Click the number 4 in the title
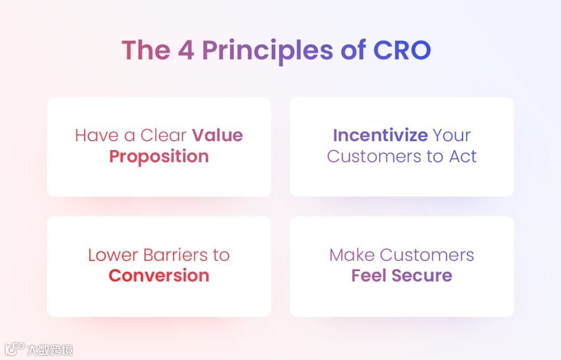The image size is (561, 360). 186,50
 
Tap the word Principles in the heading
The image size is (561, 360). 268,51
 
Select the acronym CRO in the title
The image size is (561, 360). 402,50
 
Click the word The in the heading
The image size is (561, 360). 146,50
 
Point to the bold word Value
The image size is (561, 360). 218,135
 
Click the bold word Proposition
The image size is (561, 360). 159,157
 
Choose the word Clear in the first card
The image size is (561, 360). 164,135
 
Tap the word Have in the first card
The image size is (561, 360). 97,135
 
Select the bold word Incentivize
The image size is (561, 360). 380,135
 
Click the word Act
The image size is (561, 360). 463,156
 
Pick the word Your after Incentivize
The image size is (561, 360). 452,135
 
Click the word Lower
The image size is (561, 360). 113,255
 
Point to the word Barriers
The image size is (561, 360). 176,255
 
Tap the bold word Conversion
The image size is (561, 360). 159,275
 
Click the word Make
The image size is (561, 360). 352,255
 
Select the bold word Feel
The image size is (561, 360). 369,275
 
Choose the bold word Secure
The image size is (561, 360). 422,275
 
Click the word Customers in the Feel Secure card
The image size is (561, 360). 427,255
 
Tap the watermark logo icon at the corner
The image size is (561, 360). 15,349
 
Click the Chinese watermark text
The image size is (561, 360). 50,350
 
